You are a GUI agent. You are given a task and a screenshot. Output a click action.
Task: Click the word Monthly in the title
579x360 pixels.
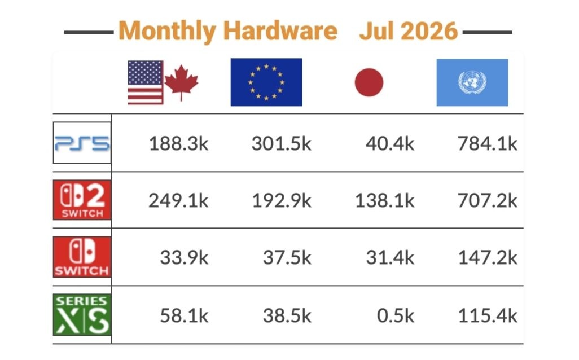tap(167, 32)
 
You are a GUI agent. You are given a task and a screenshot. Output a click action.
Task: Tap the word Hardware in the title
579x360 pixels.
tap(280, 30)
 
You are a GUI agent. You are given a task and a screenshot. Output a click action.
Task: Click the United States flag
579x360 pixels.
tap(146, 82)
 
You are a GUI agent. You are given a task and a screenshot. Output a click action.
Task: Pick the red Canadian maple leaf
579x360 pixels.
tap(181, 82)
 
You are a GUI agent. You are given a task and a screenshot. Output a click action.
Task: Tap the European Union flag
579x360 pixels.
tap(266, 82)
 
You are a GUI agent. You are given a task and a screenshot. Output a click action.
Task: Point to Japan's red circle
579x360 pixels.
tap(369, 82)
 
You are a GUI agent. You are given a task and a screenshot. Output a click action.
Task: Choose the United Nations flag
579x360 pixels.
tap(472, 82)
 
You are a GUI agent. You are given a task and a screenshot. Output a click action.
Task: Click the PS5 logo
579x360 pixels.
tap(82, 143)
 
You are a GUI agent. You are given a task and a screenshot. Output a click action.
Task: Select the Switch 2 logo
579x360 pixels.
tap(82, 200)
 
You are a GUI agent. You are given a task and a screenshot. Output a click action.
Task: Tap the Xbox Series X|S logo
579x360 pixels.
tap(82, 315)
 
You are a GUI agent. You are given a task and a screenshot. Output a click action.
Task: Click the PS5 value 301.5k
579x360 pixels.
tap(282, 144)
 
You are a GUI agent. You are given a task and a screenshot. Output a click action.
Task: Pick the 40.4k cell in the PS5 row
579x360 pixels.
tap(390, 144)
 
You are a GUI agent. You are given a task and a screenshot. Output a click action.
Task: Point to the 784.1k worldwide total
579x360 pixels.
tap(488, 144)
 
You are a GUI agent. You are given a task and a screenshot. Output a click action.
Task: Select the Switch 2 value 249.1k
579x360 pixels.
tap(178, 201)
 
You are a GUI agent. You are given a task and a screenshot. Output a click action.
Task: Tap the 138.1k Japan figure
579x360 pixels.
tap(385, 201)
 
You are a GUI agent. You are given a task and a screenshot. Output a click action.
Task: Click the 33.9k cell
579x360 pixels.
tap(185, 257)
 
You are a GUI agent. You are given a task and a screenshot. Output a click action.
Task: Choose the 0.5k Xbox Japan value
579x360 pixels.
tap(396, 315)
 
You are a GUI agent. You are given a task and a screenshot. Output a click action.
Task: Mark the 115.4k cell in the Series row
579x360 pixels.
tap(488, 315)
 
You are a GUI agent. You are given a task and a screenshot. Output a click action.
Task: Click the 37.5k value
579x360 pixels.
tap(287, 257)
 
